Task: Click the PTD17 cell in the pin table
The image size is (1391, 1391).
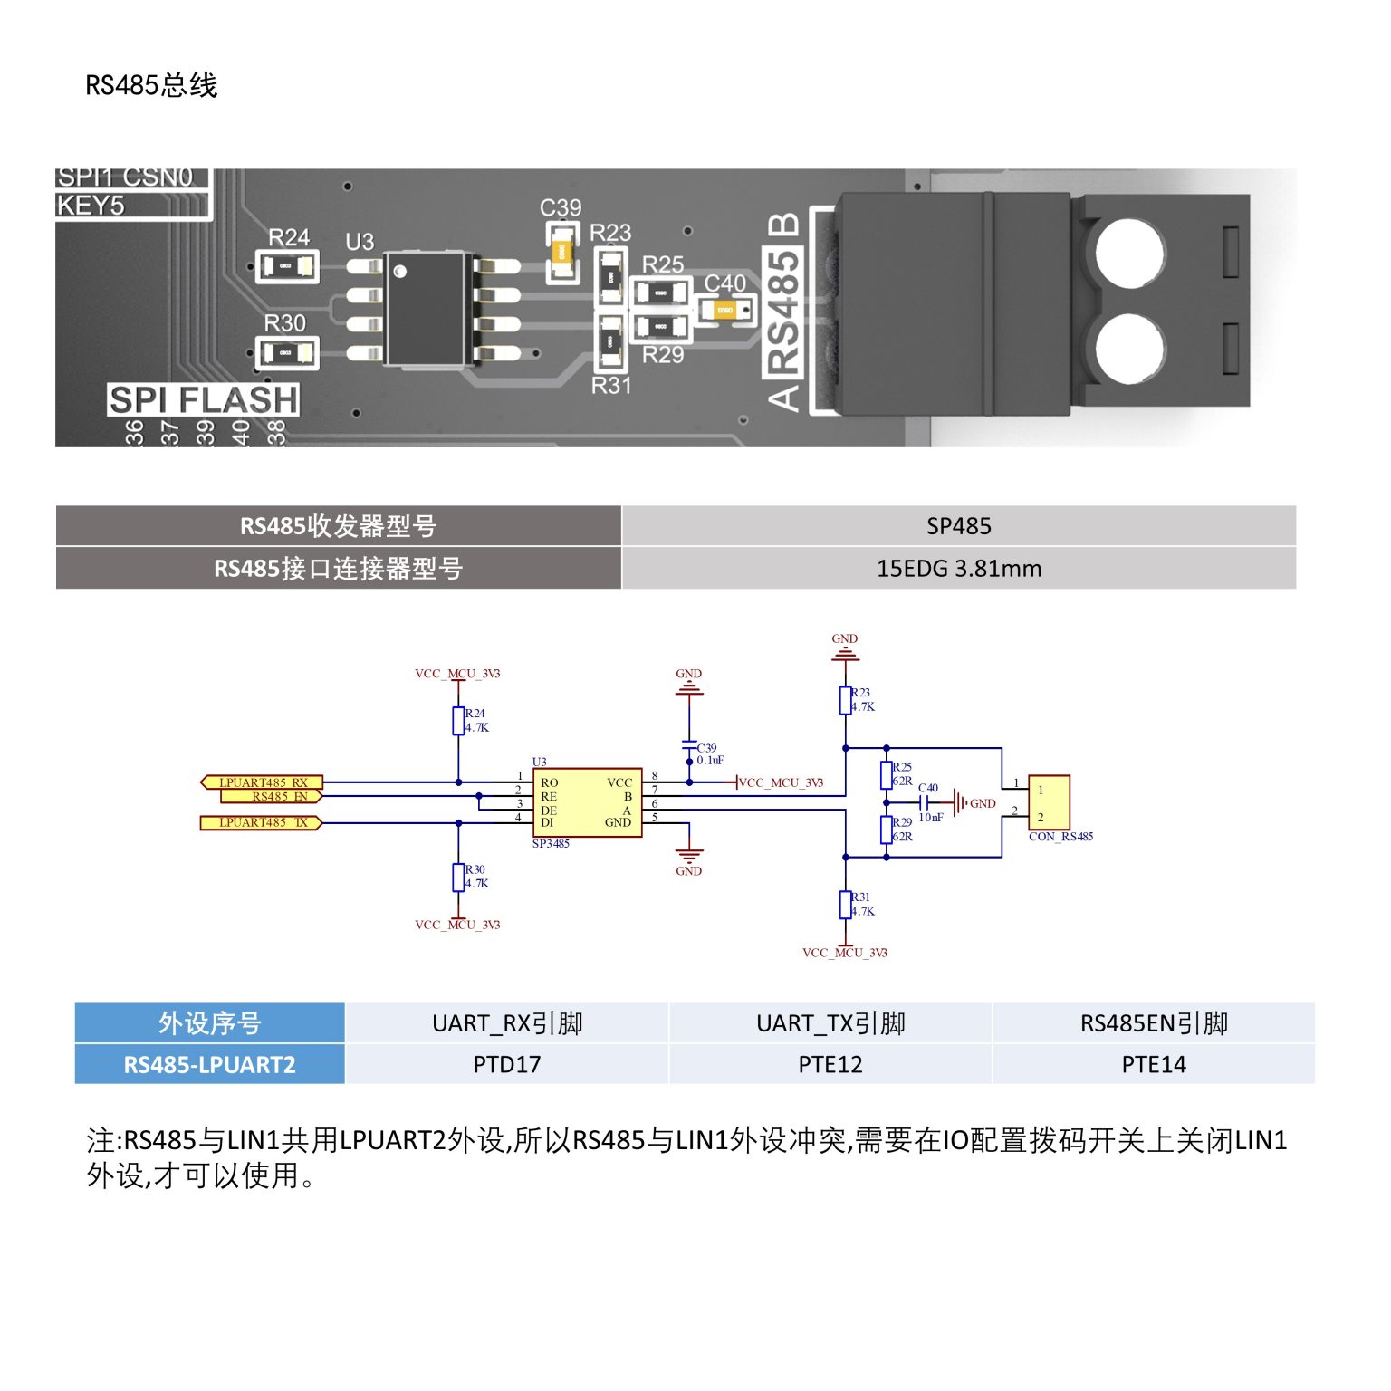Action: click(x=506, y=1064)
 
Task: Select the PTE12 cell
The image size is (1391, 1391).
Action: click(x=830, y=1064)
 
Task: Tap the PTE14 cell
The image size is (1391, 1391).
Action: click(x=1153, y=1064)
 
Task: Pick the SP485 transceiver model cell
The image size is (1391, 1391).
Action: click(x=958, y=526)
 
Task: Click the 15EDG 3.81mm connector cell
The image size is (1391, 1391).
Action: click(x=958, y=569)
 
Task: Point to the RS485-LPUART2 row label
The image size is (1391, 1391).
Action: click(x=209, y=1064)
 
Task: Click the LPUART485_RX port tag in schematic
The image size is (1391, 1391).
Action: click(x=262, y=782)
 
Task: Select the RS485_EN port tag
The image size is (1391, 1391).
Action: click(x=272, y=797)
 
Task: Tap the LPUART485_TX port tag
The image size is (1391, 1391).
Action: click(x=262, y=822)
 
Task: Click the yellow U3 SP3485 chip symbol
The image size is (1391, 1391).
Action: click(x=587, y=802)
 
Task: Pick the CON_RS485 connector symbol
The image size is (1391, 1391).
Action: click(x=1049, y=802)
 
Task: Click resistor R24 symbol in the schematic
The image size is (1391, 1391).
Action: click(x=458, y=721)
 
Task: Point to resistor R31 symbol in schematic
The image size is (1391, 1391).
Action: click(x=845, y=905)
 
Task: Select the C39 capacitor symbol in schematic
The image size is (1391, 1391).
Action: click(x=689, y=748)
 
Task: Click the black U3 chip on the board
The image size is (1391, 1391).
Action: click(x=426, y=309)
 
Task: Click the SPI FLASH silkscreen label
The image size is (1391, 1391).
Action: click(x=203, y=399)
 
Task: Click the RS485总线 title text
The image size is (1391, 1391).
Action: click(x=151, y=85)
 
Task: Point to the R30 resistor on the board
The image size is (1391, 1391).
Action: click(x=286, y=353)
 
